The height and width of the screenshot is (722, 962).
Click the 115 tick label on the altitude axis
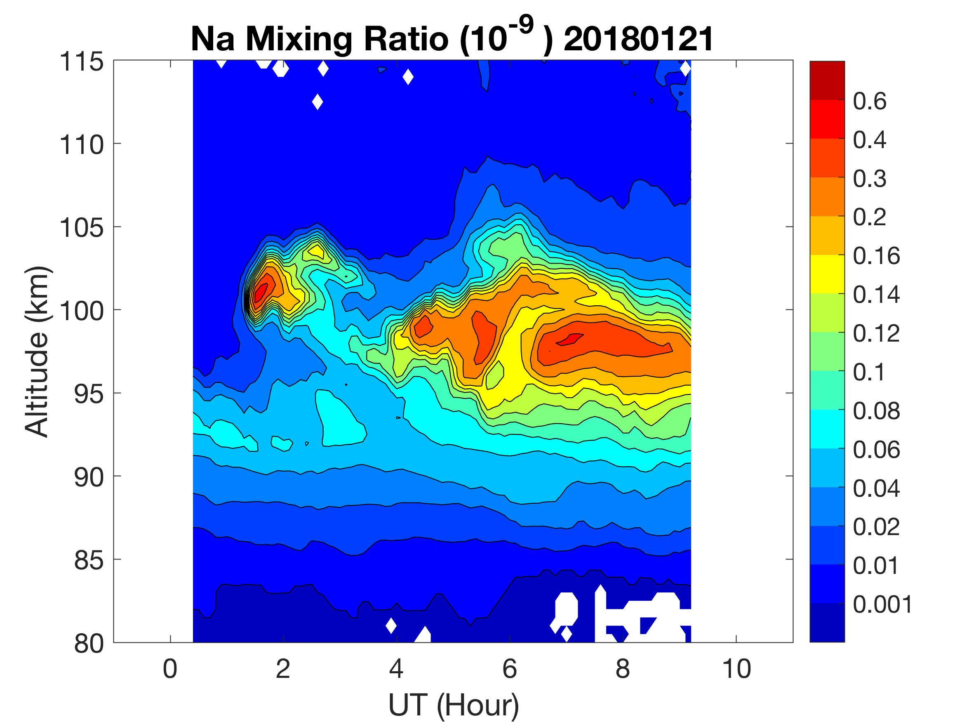click(x=82, y=62)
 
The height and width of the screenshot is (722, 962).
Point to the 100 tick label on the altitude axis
click(x=82, y=311)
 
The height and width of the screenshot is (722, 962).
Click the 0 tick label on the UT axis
click(x=170, y=669)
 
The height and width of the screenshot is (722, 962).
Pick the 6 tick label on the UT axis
click(x=510, y=669)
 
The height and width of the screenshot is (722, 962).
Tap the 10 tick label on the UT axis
click(x=736, y=669)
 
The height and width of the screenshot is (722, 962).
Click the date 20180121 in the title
click(x=638, y=39)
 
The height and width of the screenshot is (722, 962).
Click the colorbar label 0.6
click(x=870, y=101)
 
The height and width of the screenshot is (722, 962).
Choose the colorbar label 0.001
click(x=882, y=604)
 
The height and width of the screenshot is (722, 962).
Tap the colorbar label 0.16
click(x=876, y=256)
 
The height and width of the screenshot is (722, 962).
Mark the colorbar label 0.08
click(x=876, y=411)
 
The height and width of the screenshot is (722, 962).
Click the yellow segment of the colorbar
click(x=827, y=274)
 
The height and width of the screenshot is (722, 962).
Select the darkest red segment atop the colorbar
click(x=827, y=81)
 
